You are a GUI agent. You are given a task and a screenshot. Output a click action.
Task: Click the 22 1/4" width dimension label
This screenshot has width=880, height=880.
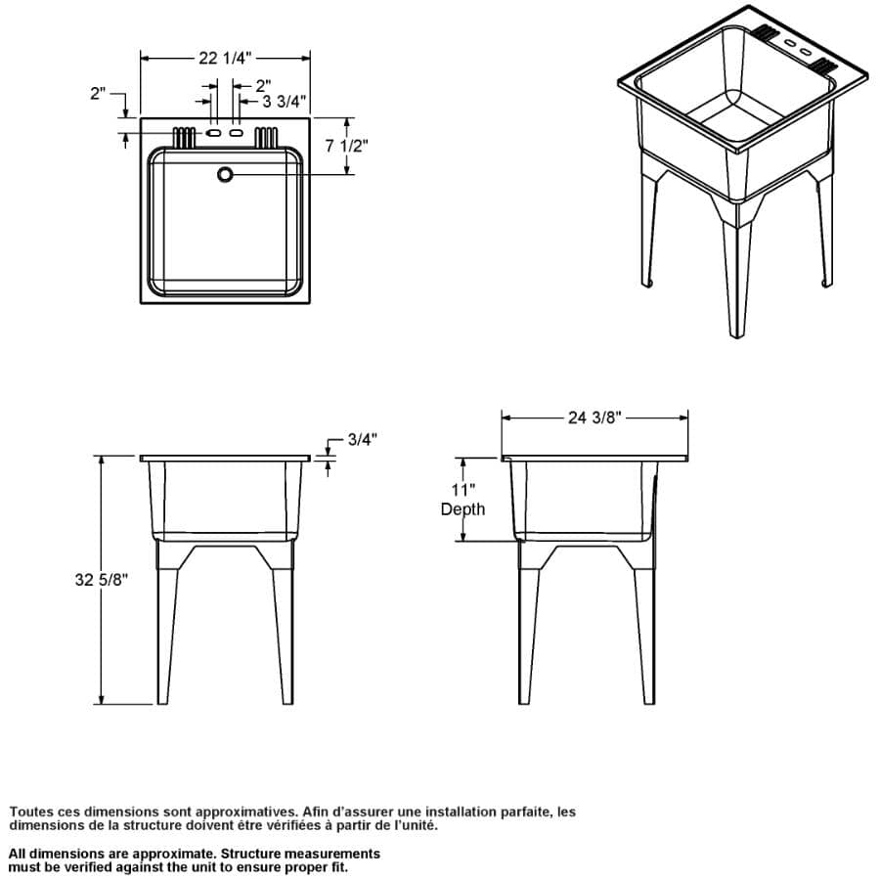point(225,58)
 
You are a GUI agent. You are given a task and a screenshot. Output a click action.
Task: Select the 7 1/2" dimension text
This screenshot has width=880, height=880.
point(347,146)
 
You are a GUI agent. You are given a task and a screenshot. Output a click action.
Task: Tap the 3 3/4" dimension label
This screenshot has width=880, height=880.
point(284,101)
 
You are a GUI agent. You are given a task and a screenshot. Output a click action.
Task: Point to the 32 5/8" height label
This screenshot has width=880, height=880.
point(102,579)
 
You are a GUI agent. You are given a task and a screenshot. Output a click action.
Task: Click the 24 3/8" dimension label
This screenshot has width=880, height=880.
point(594,418)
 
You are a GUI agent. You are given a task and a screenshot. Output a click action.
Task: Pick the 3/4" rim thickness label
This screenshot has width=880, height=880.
point(362,439)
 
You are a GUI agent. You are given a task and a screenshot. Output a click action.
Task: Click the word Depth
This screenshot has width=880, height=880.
point(462,509)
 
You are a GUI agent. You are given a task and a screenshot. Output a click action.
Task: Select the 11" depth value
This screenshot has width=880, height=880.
point(463,490)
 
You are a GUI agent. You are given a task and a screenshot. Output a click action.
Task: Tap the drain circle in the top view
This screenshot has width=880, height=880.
point(225,175)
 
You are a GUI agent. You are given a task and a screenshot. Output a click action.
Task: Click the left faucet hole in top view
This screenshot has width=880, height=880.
point(213,133)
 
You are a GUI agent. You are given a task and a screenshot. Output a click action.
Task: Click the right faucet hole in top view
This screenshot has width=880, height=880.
point(237,133)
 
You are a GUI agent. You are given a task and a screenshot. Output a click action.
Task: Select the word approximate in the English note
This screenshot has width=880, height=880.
point(172,854)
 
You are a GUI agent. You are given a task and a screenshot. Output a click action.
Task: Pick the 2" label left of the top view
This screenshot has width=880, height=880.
point(98,93)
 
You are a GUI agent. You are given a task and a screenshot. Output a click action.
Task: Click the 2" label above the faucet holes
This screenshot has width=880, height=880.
point(264,86)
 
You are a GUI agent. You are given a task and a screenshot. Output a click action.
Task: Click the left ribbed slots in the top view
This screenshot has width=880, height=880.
point(184,138)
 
